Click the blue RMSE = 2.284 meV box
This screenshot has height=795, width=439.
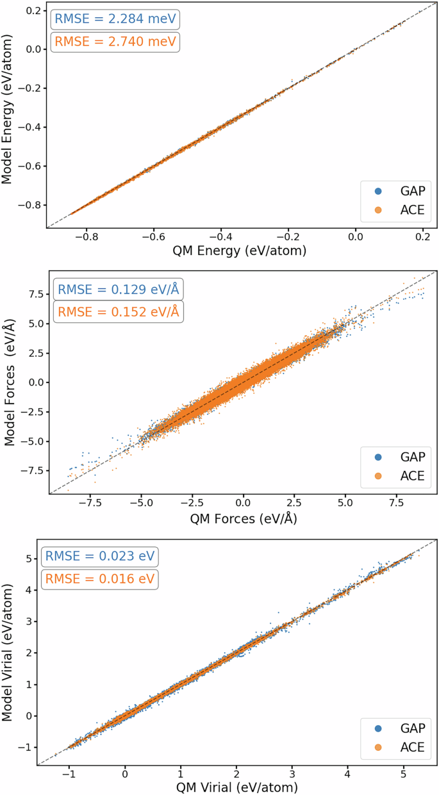115,19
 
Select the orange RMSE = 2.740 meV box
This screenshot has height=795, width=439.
115,42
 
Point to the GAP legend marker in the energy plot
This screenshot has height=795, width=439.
377,190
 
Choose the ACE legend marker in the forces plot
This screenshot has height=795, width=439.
377,476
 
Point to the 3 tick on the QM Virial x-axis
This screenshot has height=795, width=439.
292,771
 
